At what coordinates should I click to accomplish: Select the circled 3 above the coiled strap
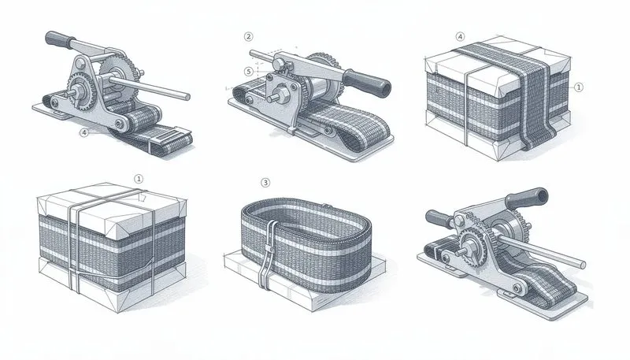pos(265,183)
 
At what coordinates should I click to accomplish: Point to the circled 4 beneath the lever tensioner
pos(83,133)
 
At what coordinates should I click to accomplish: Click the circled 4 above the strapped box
pos(460,36)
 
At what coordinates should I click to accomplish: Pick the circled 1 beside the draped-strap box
pos(579,87)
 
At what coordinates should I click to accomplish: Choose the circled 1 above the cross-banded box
pos(139,179)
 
